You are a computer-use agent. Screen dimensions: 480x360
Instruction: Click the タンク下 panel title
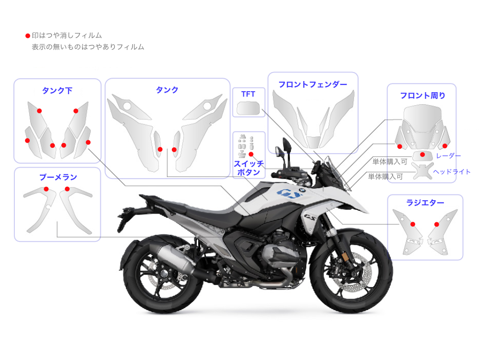point(57,91)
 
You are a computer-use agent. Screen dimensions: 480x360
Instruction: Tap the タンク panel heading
point(167,90)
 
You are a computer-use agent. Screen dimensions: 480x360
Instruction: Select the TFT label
point(248,94)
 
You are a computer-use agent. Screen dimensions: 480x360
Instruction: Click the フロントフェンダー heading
point(312,84)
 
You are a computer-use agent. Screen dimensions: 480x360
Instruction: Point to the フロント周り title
point(423,96)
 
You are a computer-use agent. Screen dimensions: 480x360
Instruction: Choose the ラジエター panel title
point(425,203)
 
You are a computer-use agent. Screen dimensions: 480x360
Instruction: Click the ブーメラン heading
point(58,177)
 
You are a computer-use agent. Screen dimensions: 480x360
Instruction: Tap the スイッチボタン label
point(249,168)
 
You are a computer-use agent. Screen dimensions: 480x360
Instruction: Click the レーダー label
point(448,156)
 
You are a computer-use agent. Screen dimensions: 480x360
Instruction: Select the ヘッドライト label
point(452,172)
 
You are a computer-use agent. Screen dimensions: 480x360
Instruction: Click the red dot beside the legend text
point(27,36)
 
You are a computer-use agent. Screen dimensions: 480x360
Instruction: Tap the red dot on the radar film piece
point(422,155)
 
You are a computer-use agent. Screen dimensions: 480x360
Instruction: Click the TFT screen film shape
point(248,108)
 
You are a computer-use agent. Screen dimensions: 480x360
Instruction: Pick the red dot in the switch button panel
point(251,154)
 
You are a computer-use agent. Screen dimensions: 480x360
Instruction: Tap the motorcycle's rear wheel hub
point(164,274)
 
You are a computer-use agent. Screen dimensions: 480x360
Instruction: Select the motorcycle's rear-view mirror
point(287,145)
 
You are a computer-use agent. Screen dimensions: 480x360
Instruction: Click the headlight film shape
point(422,171)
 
